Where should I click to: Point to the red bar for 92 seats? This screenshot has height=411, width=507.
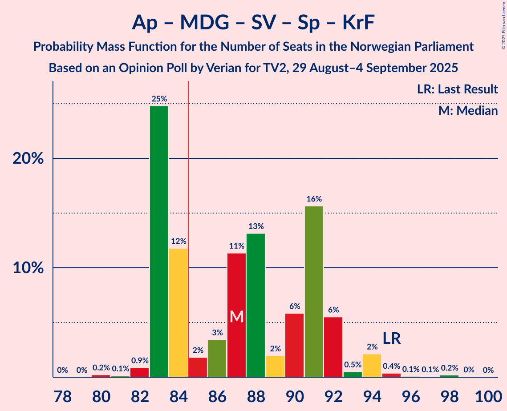click(x=333, y=347)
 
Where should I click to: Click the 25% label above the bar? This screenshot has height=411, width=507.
click(x=159, y=99)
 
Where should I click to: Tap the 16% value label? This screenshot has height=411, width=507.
click(x=314, y=199)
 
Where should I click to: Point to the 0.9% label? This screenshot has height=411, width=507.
click(x=139, y=360)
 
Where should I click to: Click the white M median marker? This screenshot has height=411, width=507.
click(x=237, y=316)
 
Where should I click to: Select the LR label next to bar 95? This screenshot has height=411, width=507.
click(x=392, y=338)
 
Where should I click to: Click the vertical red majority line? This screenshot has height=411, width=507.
click(x=188, y=222)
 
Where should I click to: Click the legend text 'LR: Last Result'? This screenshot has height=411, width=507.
click(x=457, y=89)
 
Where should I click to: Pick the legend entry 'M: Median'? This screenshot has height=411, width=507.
click(x=468, y=111)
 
